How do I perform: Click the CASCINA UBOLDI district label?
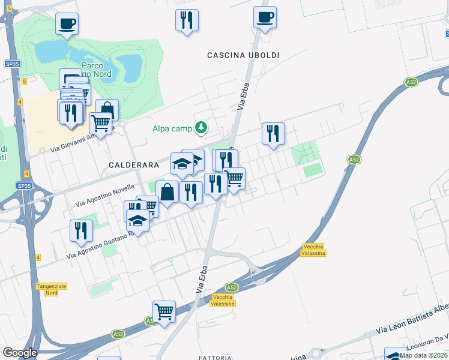click(x=243, y=55)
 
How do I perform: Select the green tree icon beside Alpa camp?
click(x=201, y=127)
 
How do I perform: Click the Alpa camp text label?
click(x=172, y=128)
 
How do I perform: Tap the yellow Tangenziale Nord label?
click(x=55, y=289)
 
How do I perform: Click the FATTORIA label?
click(x=215, y=358)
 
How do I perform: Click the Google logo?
click(x=19, y=353)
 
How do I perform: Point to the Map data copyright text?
click(x=423, y=355)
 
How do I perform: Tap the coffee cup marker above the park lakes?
click(x=67, y=23)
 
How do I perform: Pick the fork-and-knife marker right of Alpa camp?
click(x=273, y=133)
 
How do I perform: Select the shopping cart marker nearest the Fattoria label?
click(x=164, y=311)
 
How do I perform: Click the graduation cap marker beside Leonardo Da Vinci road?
click(x=396, y=354)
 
